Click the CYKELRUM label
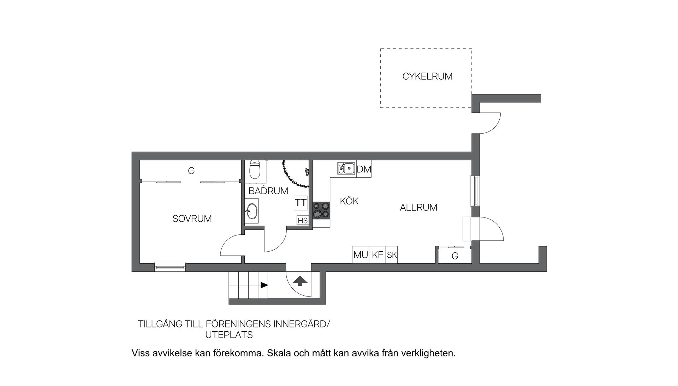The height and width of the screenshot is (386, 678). coord(427,76)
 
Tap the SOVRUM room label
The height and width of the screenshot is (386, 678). coord(192,219)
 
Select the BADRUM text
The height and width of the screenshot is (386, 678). coord(268,191)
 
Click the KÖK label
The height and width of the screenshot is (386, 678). coord(349,201)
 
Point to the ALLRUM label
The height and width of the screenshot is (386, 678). coord(418,207)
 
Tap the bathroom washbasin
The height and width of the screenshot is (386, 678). coord(252,211)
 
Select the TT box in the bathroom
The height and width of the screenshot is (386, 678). coord(301,203)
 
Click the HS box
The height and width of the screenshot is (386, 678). coord(303,221)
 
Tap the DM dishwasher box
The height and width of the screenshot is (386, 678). coord(364,170)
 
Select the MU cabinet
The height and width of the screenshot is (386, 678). coord(361,255)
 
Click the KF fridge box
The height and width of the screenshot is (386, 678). coord(377,255)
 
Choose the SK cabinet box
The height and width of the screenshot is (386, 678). coord(392,255)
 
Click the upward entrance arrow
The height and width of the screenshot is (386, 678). coord(300,281)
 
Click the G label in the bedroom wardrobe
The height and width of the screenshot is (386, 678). coord(191,171)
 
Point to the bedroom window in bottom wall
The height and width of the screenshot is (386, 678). coord(170,267)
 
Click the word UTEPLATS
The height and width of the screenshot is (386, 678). coord(229,335)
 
